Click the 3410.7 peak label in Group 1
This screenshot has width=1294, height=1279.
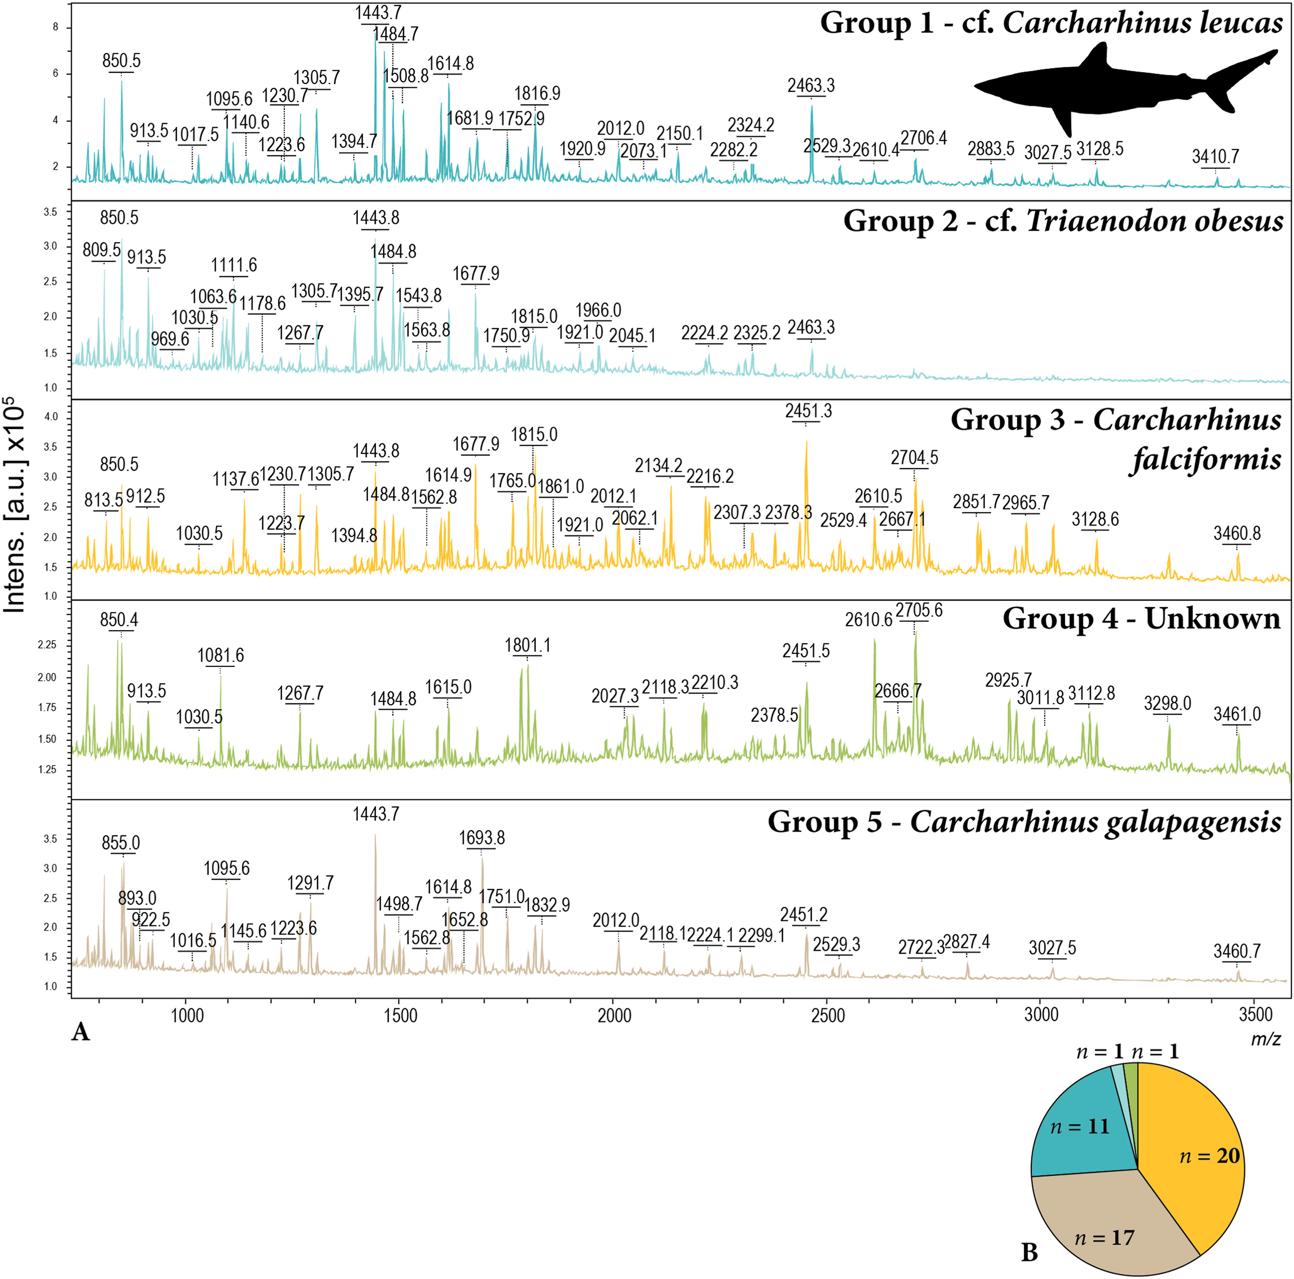click(1215, 156)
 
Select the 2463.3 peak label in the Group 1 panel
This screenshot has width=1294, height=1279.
click(811, 86)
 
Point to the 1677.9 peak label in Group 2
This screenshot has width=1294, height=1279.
click(475, 274)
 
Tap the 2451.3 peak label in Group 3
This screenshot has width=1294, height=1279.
click(808, 411)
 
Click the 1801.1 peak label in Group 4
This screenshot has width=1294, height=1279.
click(527, 645)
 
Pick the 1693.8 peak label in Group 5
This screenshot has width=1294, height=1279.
click(481, 838)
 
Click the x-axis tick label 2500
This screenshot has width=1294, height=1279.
click(828, 1015)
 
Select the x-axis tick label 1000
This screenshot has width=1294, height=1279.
click(187, 1015)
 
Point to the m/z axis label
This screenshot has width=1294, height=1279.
click(1265, 1039)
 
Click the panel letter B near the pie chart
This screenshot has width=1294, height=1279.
click(1030, 1252)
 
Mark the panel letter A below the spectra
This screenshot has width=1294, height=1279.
click(80, 1032)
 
